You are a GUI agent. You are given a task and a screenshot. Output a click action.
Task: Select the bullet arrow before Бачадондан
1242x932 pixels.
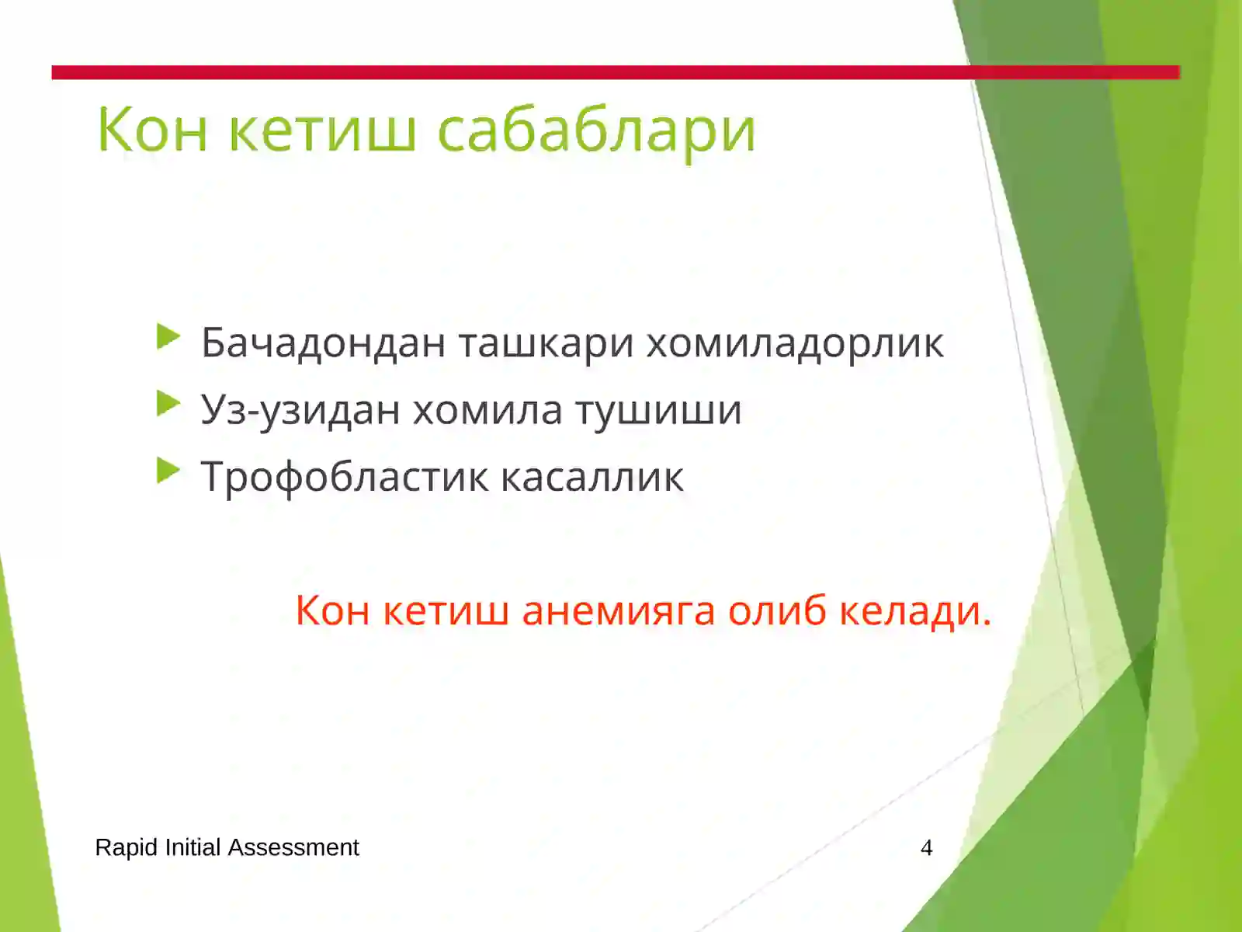click(x=168, y=337)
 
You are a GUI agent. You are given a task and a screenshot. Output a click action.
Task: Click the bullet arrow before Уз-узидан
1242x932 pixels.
click(x=168, y=404)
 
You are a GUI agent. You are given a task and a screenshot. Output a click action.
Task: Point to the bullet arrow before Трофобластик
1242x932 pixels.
click(x=168, y=471)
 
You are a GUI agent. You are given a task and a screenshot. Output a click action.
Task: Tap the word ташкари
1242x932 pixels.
click(x=546, y=343)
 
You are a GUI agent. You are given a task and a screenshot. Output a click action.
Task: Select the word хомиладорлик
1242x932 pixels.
click(x=795, y=343)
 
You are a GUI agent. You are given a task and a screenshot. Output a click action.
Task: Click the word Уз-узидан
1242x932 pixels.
click(x=300, y=410)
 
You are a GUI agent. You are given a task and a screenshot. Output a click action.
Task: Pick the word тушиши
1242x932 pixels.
click(x=658, y=409)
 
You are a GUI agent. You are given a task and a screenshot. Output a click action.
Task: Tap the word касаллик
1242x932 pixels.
click(x=592, y=477)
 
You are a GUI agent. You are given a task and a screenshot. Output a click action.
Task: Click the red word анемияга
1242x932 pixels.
click(x=618, y=610)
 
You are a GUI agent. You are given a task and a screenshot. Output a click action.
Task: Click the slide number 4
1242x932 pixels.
click(x=926, y=847)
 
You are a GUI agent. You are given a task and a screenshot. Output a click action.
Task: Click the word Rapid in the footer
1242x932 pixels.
click(x=126, y=847)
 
